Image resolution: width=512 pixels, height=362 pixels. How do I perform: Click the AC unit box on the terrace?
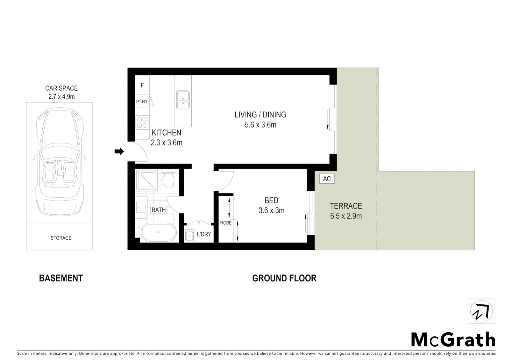[x=327, y=179]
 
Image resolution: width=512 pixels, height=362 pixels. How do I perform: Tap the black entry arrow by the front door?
[x=119, y=152]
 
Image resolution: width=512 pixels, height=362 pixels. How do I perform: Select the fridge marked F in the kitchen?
[x=142, y=85]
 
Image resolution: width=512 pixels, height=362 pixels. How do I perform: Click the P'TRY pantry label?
[x=142, y=102]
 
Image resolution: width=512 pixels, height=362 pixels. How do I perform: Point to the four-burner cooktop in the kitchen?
[x=142, y=122]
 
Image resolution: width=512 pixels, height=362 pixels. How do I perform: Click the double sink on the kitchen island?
[x=183, y=100]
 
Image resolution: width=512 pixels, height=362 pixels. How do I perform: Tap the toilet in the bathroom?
[x=168, y=180]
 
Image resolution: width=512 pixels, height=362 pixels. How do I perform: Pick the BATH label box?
[x=158, y=210]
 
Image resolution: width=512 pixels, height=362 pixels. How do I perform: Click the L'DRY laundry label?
[x=204, y=234]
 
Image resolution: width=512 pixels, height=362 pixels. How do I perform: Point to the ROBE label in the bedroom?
[x=226, y=223]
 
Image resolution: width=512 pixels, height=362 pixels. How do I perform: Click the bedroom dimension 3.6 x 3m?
[x=271, y=210]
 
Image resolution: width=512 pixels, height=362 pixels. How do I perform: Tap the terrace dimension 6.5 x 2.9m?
[x=346, y=216]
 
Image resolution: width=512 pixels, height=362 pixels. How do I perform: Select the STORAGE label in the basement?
[x=61, y=238]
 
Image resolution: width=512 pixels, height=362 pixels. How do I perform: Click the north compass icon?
[x=482, y=311]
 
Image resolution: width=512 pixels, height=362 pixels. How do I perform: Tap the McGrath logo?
[x=453, y=340]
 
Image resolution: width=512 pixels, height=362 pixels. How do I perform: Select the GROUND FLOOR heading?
[x=284, y=278]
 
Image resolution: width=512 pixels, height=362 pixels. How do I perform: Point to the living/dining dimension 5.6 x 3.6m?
[x=260, y=125]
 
